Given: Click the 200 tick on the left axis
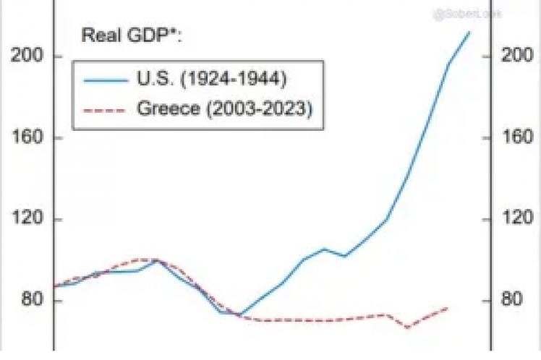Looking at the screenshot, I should pyautogui.click(x=24, y=56).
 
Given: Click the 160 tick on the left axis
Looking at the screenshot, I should pyautogui.click(x=24, y=137).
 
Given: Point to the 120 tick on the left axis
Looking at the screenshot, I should pyautogui.click(x=24, y=219).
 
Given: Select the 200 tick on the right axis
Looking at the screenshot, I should pyautogui.click(x=517, y=56).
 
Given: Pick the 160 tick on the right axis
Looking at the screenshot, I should pyautogui.click(x=517, y=137).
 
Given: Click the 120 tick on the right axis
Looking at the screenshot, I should pyautogui.click(x=517, y=219).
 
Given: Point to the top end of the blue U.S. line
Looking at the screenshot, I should pyautogui.click(x=469, y=32).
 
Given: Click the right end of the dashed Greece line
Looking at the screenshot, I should pyautogui.click(x=448, y=308).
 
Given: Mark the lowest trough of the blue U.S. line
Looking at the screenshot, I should pyautogui.click(x=241, y=314).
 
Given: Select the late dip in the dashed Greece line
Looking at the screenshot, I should pyautogui.click(x=407, y=327).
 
